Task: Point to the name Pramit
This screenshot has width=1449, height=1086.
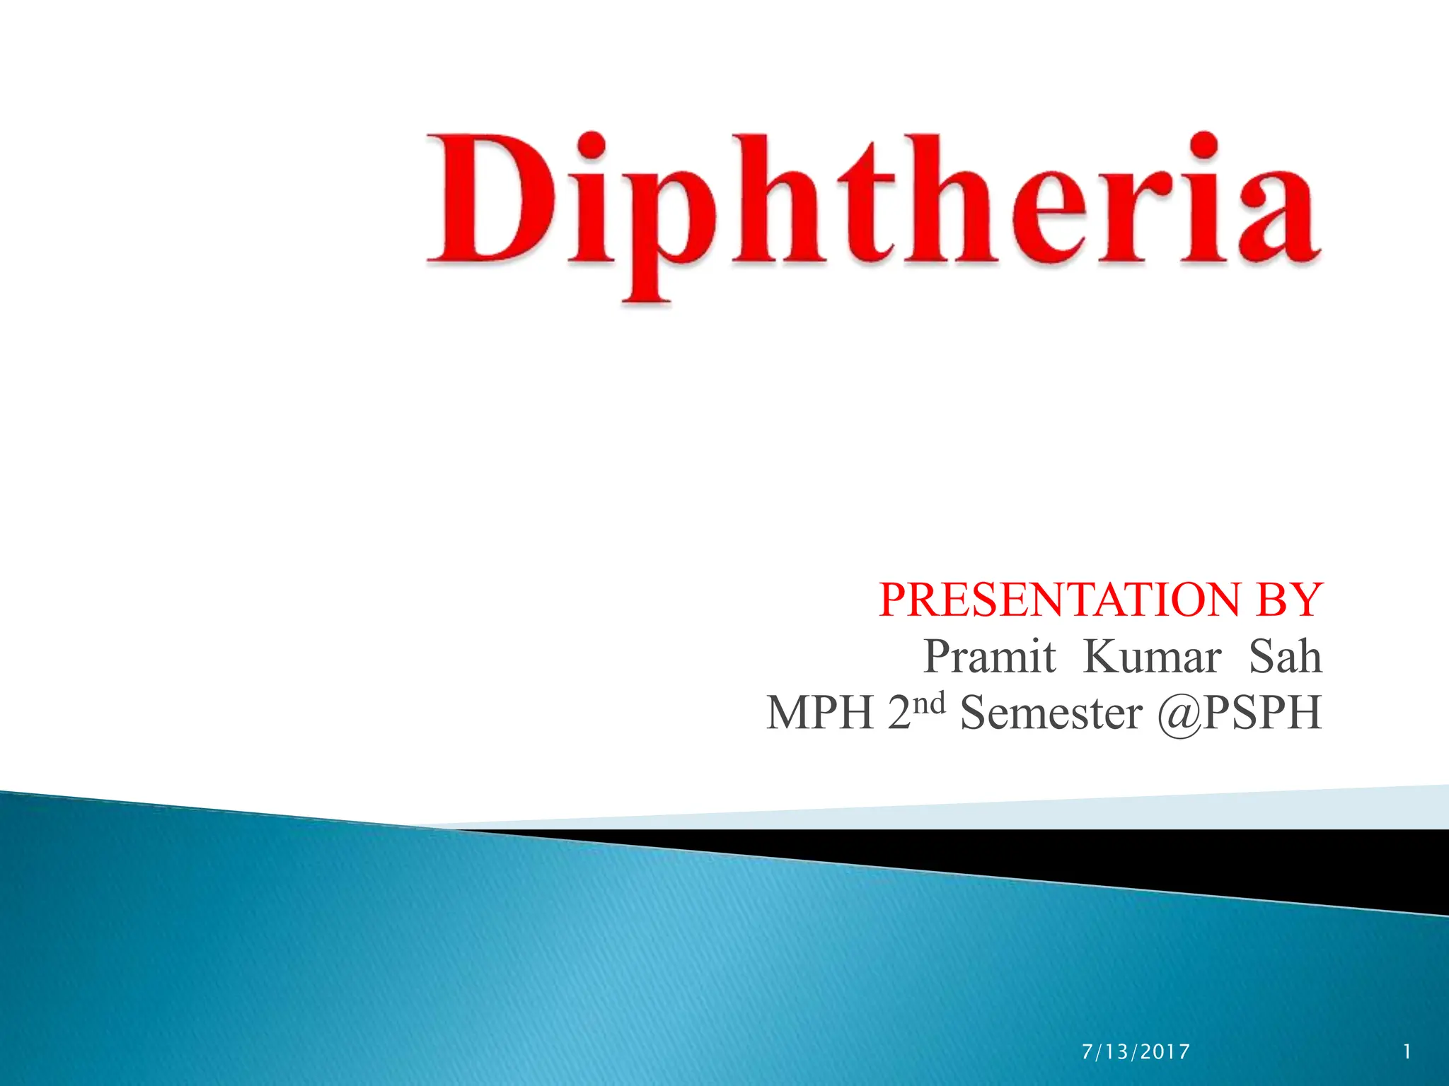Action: coord(990,657)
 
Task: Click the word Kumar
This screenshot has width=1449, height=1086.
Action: coord(1152,657)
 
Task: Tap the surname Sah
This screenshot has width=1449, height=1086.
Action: coord(1285,657)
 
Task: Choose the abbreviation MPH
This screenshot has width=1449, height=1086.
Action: coord(821,713)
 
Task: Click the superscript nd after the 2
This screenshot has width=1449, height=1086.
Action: coord(928,704)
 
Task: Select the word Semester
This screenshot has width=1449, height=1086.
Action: coord(1051,713)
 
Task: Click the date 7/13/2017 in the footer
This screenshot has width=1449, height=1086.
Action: coord(1136,1052)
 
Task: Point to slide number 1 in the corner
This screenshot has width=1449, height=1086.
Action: coord(1407,1052)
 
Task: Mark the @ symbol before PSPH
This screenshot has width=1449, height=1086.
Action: coord(1180,714)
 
